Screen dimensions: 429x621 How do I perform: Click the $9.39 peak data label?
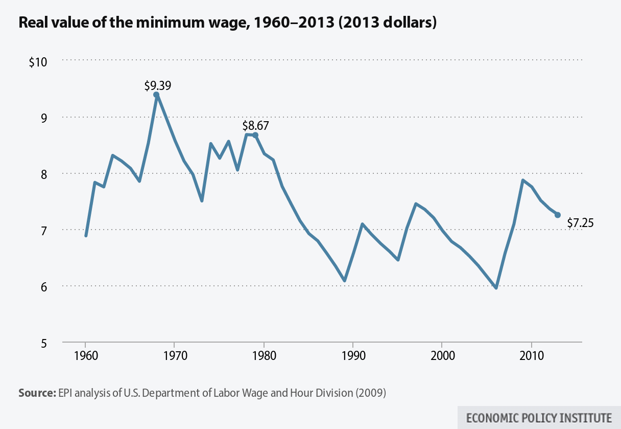157,85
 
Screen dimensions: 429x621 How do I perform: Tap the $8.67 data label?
255,126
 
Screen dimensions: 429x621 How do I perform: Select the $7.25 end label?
580,222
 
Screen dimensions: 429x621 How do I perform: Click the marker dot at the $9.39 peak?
156,95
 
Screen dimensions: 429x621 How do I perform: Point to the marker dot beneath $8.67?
255,135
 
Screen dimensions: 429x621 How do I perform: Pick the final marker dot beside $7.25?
558,215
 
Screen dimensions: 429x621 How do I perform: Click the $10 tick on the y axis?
38,62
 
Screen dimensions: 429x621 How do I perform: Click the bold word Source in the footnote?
34,393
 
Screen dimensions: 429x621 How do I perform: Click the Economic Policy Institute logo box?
539,417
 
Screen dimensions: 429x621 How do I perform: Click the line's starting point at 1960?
86,236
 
